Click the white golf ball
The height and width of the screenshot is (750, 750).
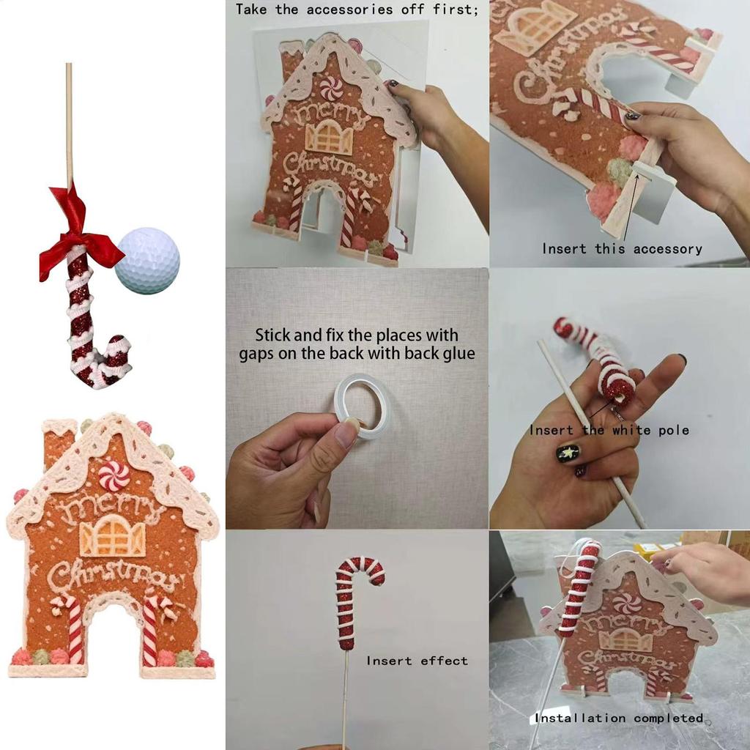(x=147, y=261)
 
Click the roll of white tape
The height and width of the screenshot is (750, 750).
(x=361, y=405)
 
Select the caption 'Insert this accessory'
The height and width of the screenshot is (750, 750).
(x=622, y=249)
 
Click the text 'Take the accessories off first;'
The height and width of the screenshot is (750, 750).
(x=357, y=10)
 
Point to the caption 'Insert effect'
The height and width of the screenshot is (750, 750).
(x=417, y=661)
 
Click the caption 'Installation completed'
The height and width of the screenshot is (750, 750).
(x=619, y=718)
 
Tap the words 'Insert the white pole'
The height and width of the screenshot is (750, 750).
(x=609, y=430)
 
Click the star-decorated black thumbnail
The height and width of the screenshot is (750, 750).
(x=568, y=453)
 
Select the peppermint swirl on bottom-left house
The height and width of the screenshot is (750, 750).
(x=114, y=475)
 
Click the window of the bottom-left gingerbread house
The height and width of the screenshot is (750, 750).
(x=112, y=536)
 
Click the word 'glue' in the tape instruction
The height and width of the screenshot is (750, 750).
(x=458, y=354)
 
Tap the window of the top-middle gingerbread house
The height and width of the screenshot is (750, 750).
(x=327, y=137)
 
